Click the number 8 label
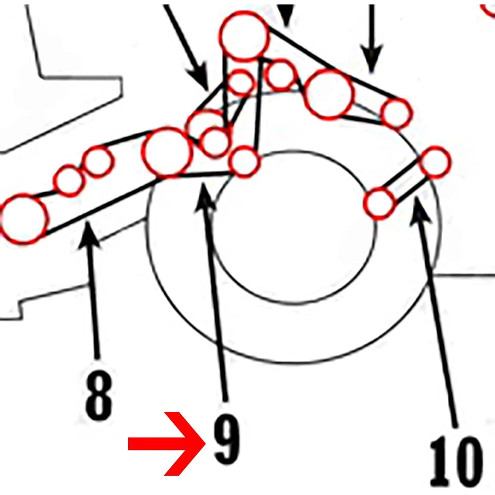pos(99,395)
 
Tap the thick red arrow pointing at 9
pos(167,444)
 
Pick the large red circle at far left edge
pos(23,219)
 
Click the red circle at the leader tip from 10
pos(435,162)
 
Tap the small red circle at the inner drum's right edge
pos(379,203)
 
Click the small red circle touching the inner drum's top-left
pos(245,162)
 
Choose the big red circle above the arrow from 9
pos(167,152)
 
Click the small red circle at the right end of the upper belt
pos(396,114)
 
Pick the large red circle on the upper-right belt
pos(329,94)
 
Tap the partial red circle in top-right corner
pos(488,9)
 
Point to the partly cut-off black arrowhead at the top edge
pos(287,14)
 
